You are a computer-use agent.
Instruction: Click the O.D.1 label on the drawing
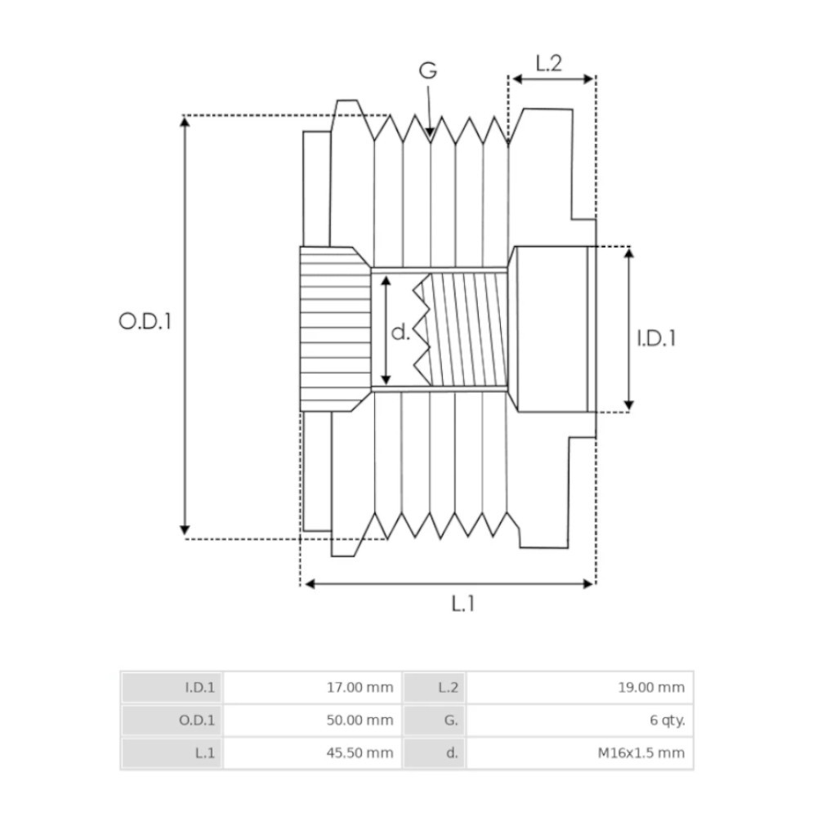145,321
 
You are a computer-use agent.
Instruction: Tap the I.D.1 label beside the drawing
657,337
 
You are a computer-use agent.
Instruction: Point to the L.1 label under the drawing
462,604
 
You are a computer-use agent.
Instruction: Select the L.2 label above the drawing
549,63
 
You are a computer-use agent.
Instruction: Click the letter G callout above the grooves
428,71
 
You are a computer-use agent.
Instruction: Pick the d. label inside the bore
400,332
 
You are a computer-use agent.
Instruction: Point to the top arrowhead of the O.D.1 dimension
185,122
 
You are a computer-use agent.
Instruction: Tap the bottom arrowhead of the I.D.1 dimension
628,404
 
